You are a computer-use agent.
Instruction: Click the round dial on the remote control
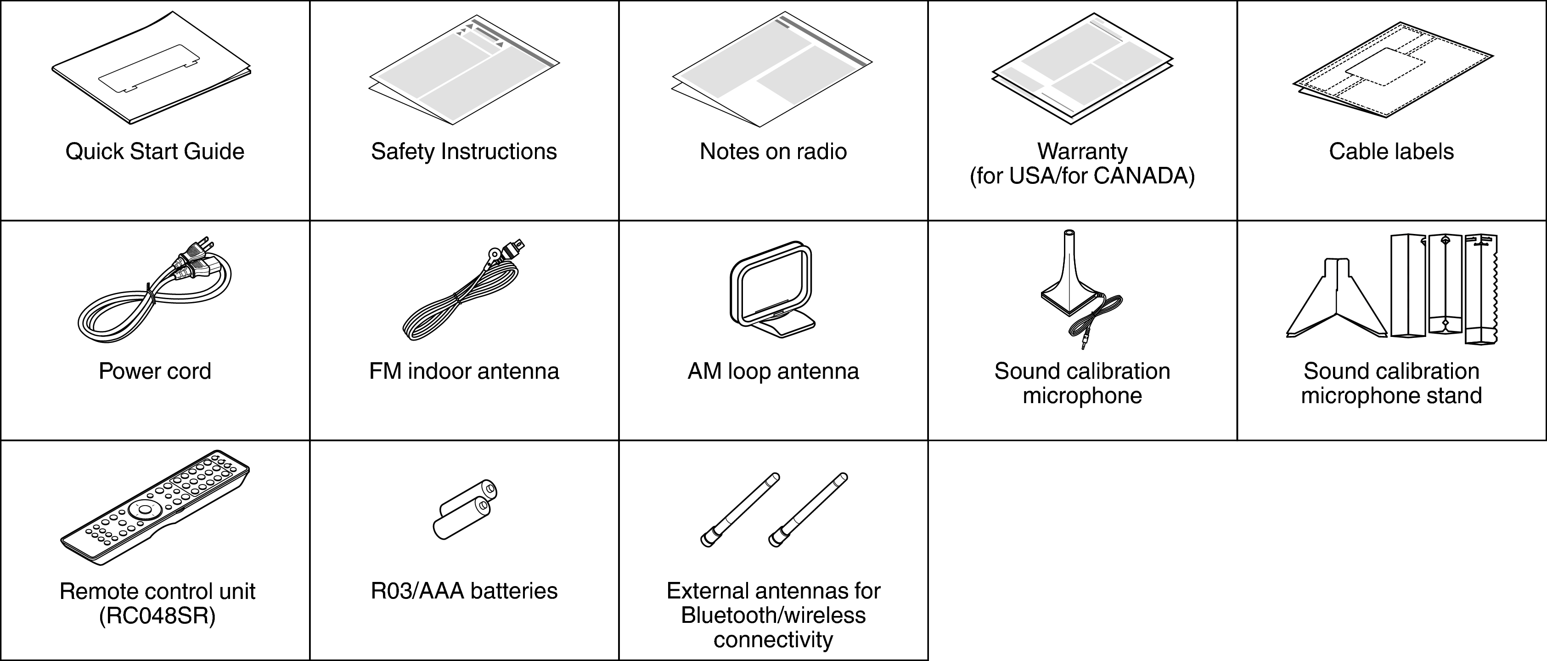coord(144,508)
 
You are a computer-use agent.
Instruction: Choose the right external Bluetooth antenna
coord(808,510)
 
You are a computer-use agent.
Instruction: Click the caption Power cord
coord(154,371)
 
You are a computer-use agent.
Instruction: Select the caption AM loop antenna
coord(773,371)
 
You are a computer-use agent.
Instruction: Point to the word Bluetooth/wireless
coord(773,615)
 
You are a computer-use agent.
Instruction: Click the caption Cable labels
coord(1391,151)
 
